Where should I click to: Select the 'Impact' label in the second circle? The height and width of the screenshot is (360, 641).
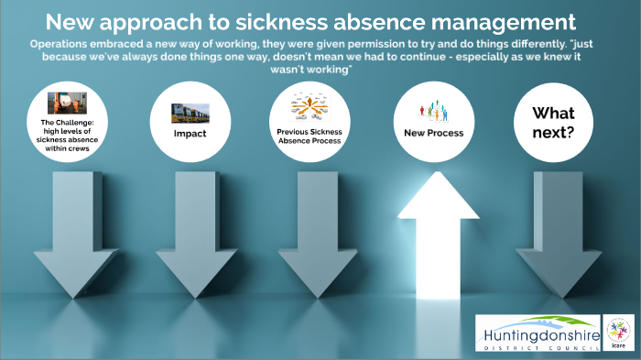tap(190, 134)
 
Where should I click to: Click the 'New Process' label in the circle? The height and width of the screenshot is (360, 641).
tap(434, 133)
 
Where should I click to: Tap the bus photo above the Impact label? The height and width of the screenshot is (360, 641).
tap(190, 113)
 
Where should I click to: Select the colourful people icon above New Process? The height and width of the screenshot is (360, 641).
tap(434, 110)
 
